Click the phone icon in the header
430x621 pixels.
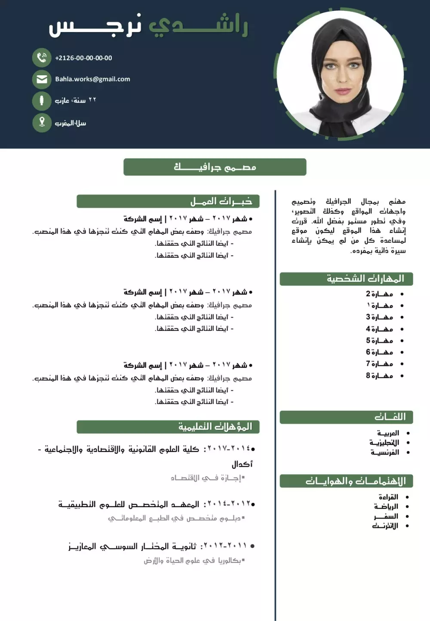pyautogui.click(x=42, y=58)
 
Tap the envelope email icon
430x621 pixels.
pyautogui.click(x=42, y=80)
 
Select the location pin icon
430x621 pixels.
pyautogui.click(x=42, y=122)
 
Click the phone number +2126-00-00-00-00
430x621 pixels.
pyautogui.click(x=83, y=58)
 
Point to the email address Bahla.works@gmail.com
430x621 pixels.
pyautogui.click(x=92, y=79)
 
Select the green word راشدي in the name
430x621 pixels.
pyautogui.click(x=198, y=26)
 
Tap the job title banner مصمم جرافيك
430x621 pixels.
pyautogui.click(x=215, y=167)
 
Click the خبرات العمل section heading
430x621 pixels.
pyautogui.click(x=221, y=202)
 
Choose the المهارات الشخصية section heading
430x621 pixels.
pyautogui.click(x=365, y=279)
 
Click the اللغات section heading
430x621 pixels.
pyautogui.click(x=390, y=417)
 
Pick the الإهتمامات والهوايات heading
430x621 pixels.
pyautogui.click(x=355, y=481)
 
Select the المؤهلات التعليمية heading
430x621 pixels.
pyautogui.click(x=215, y=427)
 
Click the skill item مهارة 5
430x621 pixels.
pyautogui.click(x=379, y=341)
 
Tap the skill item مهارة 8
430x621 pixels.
pyautogui.click(x=379, y=376)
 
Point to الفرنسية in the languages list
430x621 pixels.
pyautogui.click(x=385, y=452)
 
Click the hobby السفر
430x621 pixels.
pyautogui.click(x=386, y=516)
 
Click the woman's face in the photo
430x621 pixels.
pyautogui.click(x=342, y=69)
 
